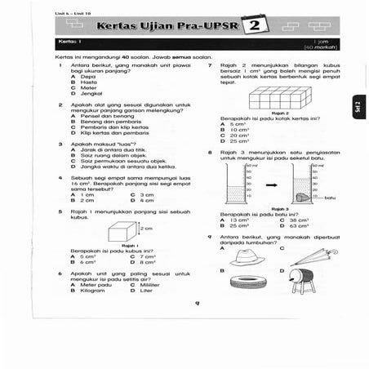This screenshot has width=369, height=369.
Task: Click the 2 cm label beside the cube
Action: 147,229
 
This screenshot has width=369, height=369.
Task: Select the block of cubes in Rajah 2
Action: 278,99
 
